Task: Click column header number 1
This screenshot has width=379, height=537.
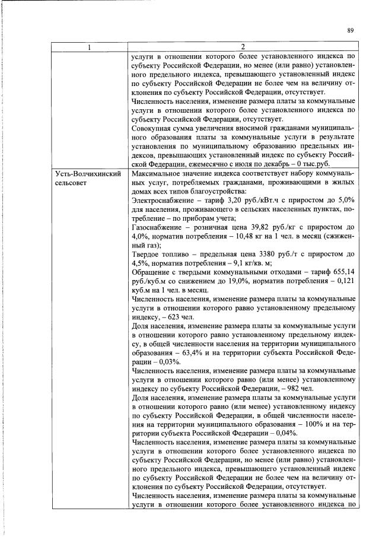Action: coord(89,47)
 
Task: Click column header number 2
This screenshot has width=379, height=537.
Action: coord(242,47)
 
